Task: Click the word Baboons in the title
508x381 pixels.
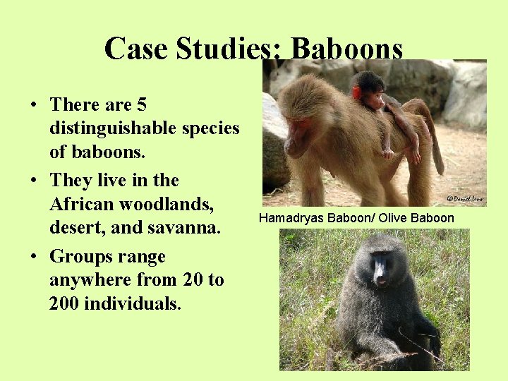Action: (346, 49)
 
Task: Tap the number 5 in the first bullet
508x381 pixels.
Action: (142, 105)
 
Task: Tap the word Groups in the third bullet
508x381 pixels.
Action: (83, 256)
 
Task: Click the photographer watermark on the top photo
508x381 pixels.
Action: (466, 200)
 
